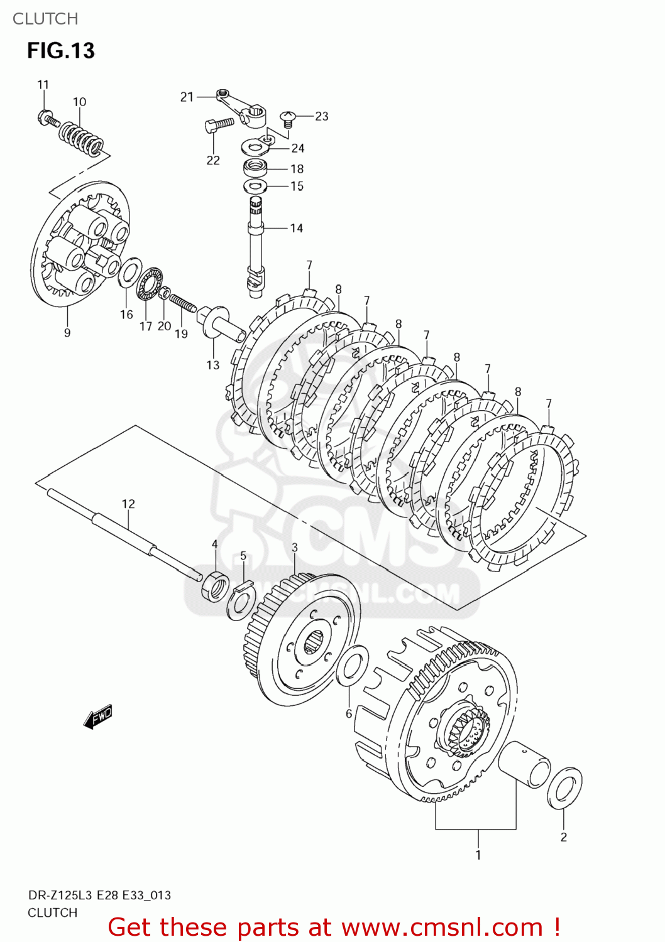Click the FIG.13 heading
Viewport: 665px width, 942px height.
pos(61,51)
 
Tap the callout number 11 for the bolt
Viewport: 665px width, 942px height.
pos(43,85)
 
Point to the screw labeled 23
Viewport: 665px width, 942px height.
pos(289,117)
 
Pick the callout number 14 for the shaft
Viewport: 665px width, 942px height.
pos(297,228)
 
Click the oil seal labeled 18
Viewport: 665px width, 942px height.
pos(256,168)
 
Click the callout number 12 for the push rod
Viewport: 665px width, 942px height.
pos(128,504)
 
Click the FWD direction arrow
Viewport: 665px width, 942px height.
pos(98,717)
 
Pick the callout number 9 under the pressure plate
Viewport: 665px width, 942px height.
pos(67,333)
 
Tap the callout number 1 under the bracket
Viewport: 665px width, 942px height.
pos(478,855)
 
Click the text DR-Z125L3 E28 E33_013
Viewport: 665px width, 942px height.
pos(99,895)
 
